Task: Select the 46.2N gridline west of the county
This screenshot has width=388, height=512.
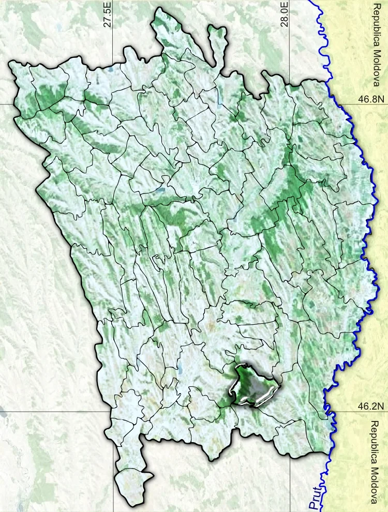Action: click(x=52, y=412)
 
